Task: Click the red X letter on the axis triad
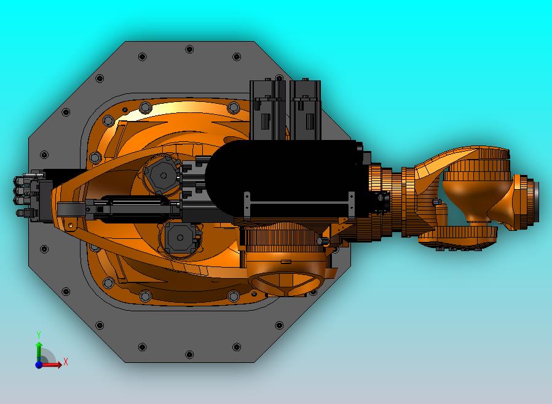[x=66, y=362]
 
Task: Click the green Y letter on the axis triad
[x=39, y=335]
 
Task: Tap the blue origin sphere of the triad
[x=39, y=365]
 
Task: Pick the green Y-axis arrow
[x=39, y=350]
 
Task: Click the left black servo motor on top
[x=268, y=111]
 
